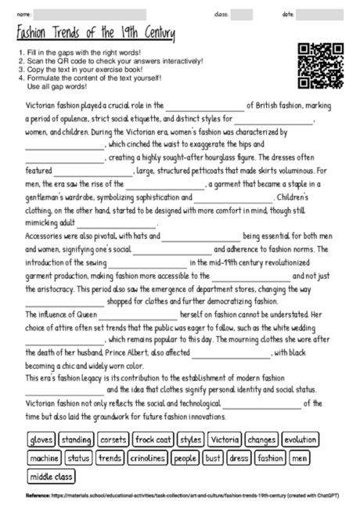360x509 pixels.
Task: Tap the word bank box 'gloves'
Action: [41, 439]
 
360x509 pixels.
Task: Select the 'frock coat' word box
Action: [152, 439]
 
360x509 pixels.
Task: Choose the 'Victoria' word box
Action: [225, 439]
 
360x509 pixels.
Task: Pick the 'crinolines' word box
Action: [147, 457]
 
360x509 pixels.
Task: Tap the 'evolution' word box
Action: [301, 439]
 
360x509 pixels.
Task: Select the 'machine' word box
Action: [44, 457]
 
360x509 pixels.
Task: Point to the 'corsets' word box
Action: [113, 439]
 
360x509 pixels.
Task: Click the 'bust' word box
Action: [213, 457]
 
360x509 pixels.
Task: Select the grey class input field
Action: [242, 14]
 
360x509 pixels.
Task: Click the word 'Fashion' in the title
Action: [35, 34]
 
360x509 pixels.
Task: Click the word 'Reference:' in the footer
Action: [38, 496]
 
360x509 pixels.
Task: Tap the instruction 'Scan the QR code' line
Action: [110, 60]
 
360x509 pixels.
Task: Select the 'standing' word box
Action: [76, 439]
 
